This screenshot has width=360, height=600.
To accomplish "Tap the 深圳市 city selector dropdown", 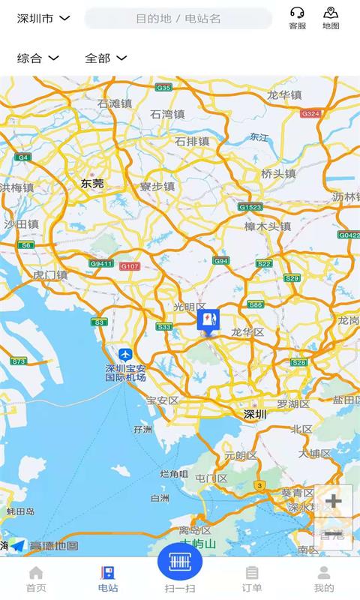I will coord(43,18).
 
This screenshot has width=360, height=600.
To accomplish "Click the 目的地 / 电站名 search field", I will coord(178,18).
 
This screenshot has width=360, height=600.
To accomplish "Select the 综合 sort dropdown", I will coord(37,58).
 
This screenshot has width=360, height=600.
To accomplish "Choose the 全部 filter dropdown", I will coord(105,58).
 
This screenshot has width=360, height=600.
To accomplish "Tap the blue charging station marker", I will coord(208,321).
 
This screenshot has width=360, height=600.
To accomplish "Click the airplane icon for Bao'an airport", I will coord(125,354).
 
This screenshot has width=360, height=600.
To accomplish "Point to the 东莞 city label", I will coord(92,183).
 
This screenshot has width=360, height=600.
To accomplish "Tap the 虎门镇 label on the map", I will coord(50,275).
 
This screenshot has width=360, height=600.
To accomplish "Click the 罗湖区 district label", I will coord(293,403).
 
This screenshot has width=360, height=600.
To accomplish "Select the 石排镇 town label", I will coord(192,141).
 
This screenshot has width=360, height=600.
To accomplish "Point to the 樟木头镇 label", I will coord(268,226).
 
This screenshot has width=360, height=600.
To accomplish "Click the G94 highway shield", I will coord(220,261).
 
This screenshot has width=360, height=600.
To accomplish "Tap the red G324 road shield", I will coord(310,113).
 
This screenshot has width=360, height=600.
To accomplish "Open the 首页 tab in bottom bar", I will coord(36,578).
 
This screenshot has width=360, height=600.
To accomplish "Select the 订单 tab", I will coord(252,578).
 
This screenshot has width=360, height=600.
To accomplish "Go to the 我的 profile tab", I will coord(324,578).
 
